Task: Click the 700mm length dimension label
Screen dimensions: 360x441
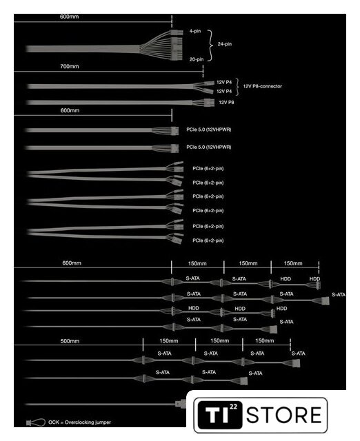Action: click(70, 66)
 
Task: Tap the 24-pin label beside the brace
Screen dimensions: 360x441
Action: click(225, 44)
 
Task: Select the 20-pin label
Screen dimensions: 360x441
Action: click(197, 59)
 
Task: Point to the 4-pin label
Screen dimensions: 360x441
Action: click(195, 31)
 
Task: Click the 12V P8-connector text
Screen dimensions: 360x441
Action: click(262, 86)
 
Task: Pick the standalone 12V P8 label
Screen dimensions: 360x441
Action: click(226, 103)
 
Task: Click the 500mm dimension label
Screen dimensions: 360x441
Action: click(70, 341)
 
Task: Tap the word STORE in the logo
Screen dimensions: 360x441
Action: click(284, 415)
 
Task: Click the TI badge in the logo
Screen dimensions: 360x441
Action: click(220, 415)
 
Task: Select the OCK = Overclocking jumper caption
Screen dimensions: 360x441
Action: click(80, 422)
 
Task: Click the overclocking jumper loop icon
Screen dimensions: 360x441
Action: click(36, 422)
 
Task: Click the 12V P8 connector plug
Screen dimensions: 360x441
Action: click(208, 102)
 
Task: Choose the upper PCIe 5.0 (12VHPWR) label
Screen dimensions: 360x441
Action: click(208, 130)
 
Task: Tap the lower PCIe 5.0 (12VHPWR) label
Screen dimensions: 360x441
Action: click(208, 147)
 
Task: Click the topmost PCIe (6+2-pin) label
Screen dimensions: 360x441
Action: click(208, 168)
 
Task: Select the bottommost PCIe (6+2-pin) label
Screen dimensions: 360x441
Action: click(208, 240)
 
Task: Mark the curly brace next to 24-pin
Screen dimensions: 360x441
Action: click(210, 45)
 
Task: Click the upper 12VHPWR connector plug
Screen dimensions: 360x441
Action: click(174, 131)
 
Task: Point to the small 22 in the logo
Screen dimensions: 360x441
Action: click(233, 407)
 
